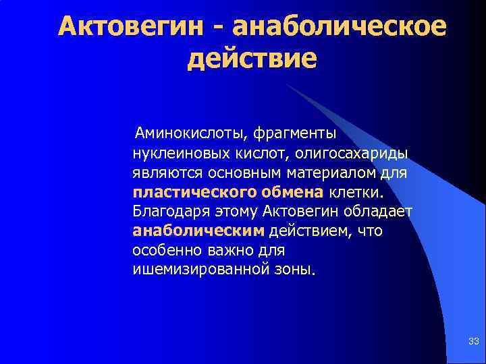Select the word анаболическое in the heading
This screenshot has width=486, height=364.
tap(339, 27)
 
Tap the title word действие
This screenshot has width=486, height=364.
tap(252, 58)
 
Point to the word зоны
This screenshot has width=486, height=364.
tap(298, 270)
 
